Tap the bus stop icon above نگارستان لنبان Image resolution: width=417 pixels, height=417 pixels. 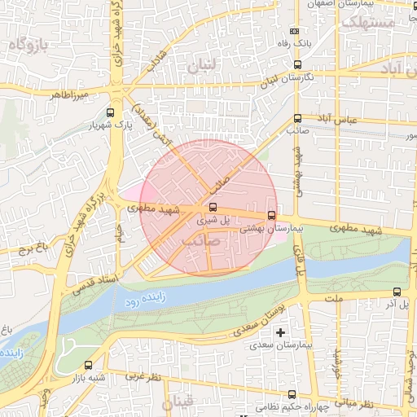pyautogui.click(x=296, y=64)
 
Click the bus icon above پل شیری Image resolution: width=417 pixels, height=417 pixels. pyautogui.click(x=213, y=207)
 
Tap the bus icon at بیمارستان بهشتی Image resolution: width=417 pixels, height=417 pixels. pyautogui.click(x=271, y=216)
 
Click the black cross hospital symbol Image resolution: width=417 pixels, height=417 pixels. pyautogui.click(x=281, y=332)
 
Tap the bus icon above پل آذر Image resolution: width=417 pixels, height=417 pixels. pyautogui.click(x=397, y=292)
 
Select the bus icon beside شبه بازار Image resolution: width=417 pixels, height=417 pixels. pyautogui.click(x=88, y=366)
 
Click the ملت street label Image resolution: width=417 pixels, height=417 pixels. pyautogui.click(x=357, y=300)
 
